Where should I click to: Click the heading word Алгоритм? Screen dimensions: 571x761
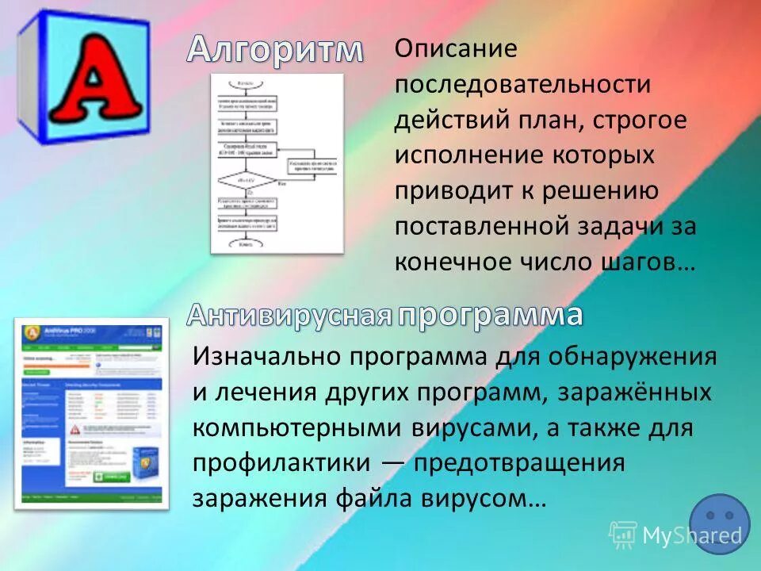point(275,50)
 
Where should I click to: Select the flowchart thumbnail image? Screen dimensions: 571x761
point(277,163)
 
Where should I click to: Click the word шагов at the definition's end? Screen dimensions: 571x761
point(637,263)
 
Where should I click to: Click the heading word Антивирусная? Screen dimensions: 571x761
point(290,316)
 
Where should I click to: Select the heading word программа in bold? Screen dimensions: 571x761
point(490,315)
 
